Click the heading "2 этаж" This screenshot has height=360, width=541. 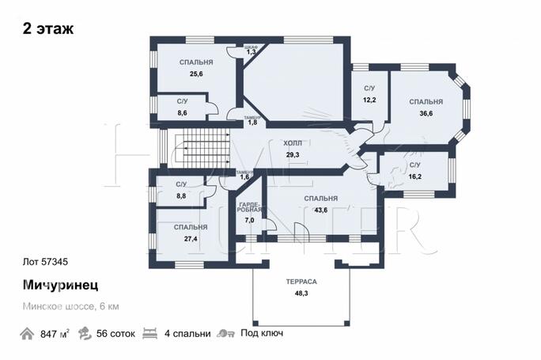pos(48,28)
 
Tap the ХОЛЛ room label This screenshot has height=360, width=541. pos(293,143)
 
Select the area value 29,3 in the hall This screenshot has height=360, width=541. pos(293,154)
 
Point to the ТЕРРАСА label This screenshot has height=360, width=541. pos(301,282)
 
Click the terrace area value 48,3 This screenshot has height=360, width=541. pos(301,294)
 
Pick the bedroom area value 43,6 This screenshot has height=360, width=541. pos(320,210)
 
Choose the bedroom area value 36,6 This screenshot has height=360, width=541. pos(426,113)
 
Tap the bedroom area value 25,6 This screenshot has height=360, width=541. pos(196,74)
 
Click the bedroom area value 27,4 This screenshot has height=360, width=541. pos(191,238)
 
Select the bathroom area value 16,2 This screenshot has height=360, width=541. pos(414,176)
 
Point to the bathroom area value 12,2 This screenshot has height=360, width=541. pos(369,100)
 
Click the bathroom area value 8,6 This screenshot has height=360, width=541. pos(182,113)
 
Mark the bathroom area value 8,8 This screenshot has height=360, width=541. pos(181,195)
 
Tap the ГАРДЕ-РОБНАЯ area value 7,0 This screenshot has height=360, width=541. pos(249,220)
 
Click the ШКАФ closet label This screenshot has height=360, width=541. pos(251,47)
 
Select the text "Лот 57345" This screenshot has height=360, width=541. pos(45,262)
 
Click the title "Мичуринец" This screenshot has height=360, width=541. pos(60,285)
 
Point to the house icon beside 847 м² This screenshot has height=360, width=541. pos(27,334)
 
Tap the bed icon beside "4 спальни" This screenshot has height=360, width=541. pos(149,333)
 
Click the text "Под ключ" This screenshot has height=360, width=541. pos(262,333)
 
